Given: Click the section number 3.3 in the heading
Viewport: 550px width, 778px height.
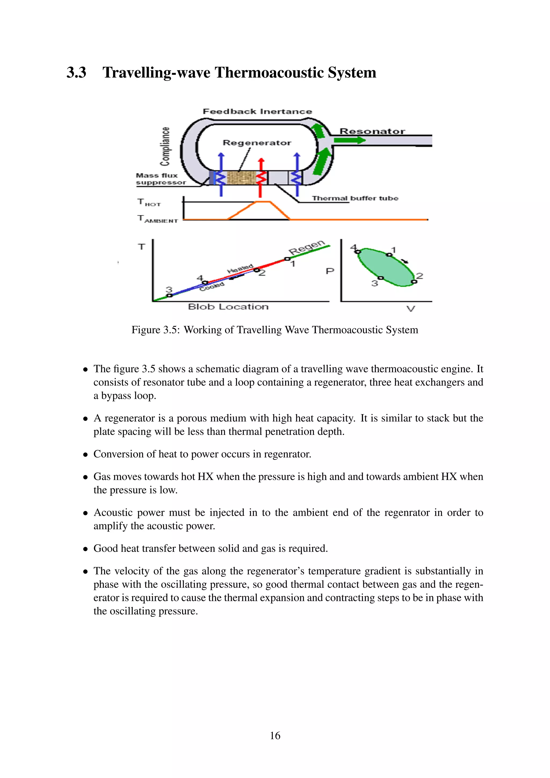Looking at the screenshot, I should point(76,73).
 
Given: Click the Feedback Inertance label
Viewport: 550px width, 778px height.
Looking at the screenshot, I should point(257,111).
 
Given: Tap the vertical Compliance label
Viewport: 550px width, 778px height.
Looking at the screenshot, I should point(165,146).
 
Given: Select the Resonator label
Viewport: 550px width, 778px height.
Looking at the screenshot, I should point(372,131).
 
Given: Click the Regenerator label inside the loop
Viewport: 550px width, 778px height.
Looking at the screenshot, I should point(257,143).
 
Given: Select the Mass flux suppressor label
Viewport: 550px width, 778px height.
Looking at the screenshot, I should point(161,179).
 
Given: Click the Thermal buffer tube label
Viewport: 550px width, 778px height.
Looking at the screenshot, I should point(355,198).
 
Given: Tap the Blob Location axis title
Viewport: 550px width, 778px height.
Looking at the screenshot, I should point(228,307).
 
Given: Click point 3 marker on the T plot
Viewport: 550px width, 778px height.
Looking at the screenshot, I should point(170,296).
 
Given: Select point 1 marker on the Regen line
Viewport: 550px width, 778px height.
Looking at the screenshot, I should point(287,259).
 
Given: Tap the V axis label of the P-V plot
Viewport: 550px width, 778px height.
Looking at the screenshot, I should point(410,309).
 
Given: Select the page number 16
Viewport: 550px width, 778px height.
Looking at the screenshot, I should point(275,736).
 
